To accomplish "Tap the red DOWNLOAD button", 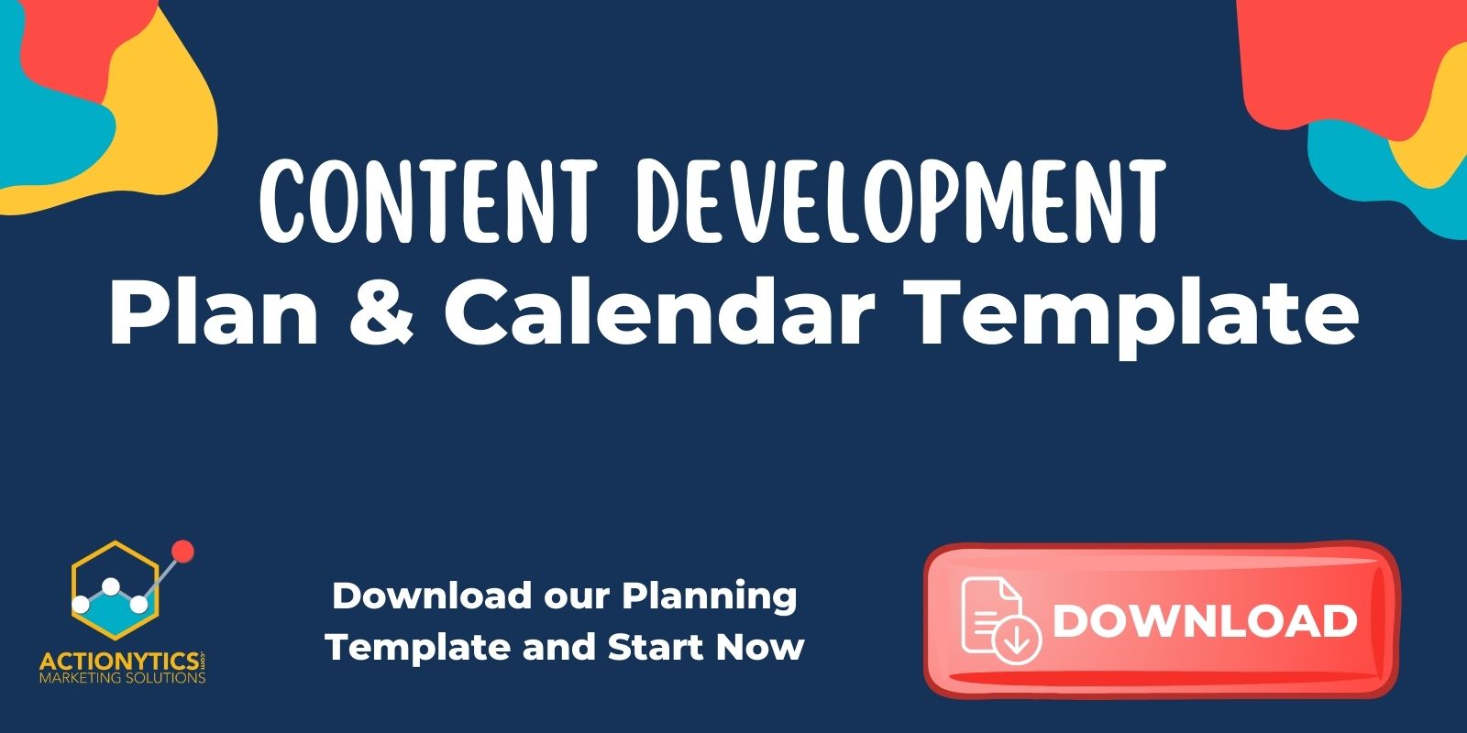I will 1161,620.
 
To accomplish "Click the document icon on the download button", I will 999,619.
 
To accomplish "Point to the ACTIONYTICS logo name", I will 119,662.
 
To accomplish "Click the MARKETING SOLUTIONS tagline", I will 122,679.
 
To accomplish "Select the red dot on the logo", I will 182,551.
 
